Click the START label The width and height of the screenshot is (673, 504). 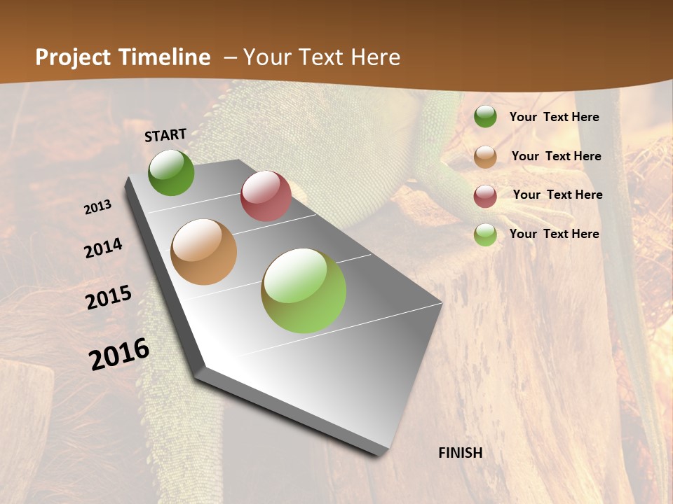(165, 135)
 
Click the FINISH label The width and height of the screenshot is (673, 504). (460, 453)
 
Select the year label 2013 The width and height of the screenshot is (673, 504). (98, 207)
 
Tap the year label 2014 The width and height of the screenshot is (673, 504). (103, 248)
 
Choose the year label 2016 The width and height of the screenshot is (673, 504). (119, 353)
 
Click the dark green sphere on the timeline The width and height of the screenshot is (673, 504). (171, 173)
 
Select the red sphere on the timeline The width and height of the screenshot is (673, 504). (266, 196)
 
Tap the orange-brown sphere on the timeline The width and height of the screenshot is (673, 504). (203, 252)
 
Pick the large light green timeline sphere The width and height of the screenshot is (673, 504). (304, 290)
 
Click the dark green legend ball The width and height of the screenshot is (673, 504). (485, 117)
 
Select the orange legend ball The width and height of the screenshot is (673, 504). (485, 157)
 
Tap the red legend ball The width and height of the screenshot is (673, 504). (485, 196)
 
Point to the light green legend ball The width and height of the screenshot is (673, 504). (485, 234)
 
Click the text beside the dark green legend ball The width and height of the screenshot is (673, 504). (554, 117)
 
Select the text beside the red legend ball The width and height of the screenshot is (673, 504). (557, 195)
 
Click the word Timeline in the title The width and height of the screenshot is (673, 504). (166, 57)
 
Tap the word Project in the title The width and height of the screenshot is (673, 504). (74, 57)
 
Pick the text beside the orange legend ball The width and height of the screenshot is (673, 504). (556, 156)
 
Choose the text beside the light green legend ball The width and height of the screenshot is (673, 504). (554, 234)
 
